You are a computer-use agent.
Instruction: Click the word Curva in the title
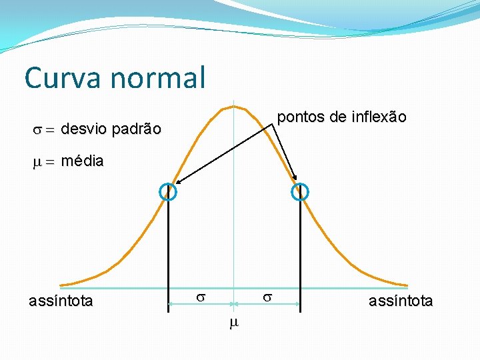(x=63, y=77)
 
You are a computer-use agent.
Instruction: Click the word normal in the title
(x=159, y=77)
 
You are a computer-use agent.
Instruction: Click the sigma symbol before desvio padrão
(x=38, y=129)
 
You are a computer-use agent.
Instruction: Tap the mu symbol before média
(x=38, y=161)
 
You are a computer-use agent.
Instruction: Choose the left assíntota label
(x=61, y=301)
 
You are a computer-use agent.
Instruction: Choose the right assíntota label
(x=401, y=301)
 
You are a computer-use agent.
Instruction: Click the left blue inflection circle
(x=167, y=192)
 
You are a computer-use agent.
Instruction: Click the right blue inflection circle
(x=301, y=192)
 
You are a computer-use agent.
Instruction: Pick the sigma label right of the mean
(x=267, y=295)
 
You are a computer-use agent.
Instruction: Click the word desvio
(x=84, y=129)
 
